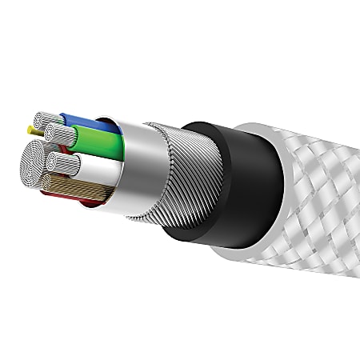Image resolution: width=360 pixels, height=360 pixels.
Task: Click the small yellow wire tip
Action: point(31,128)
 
